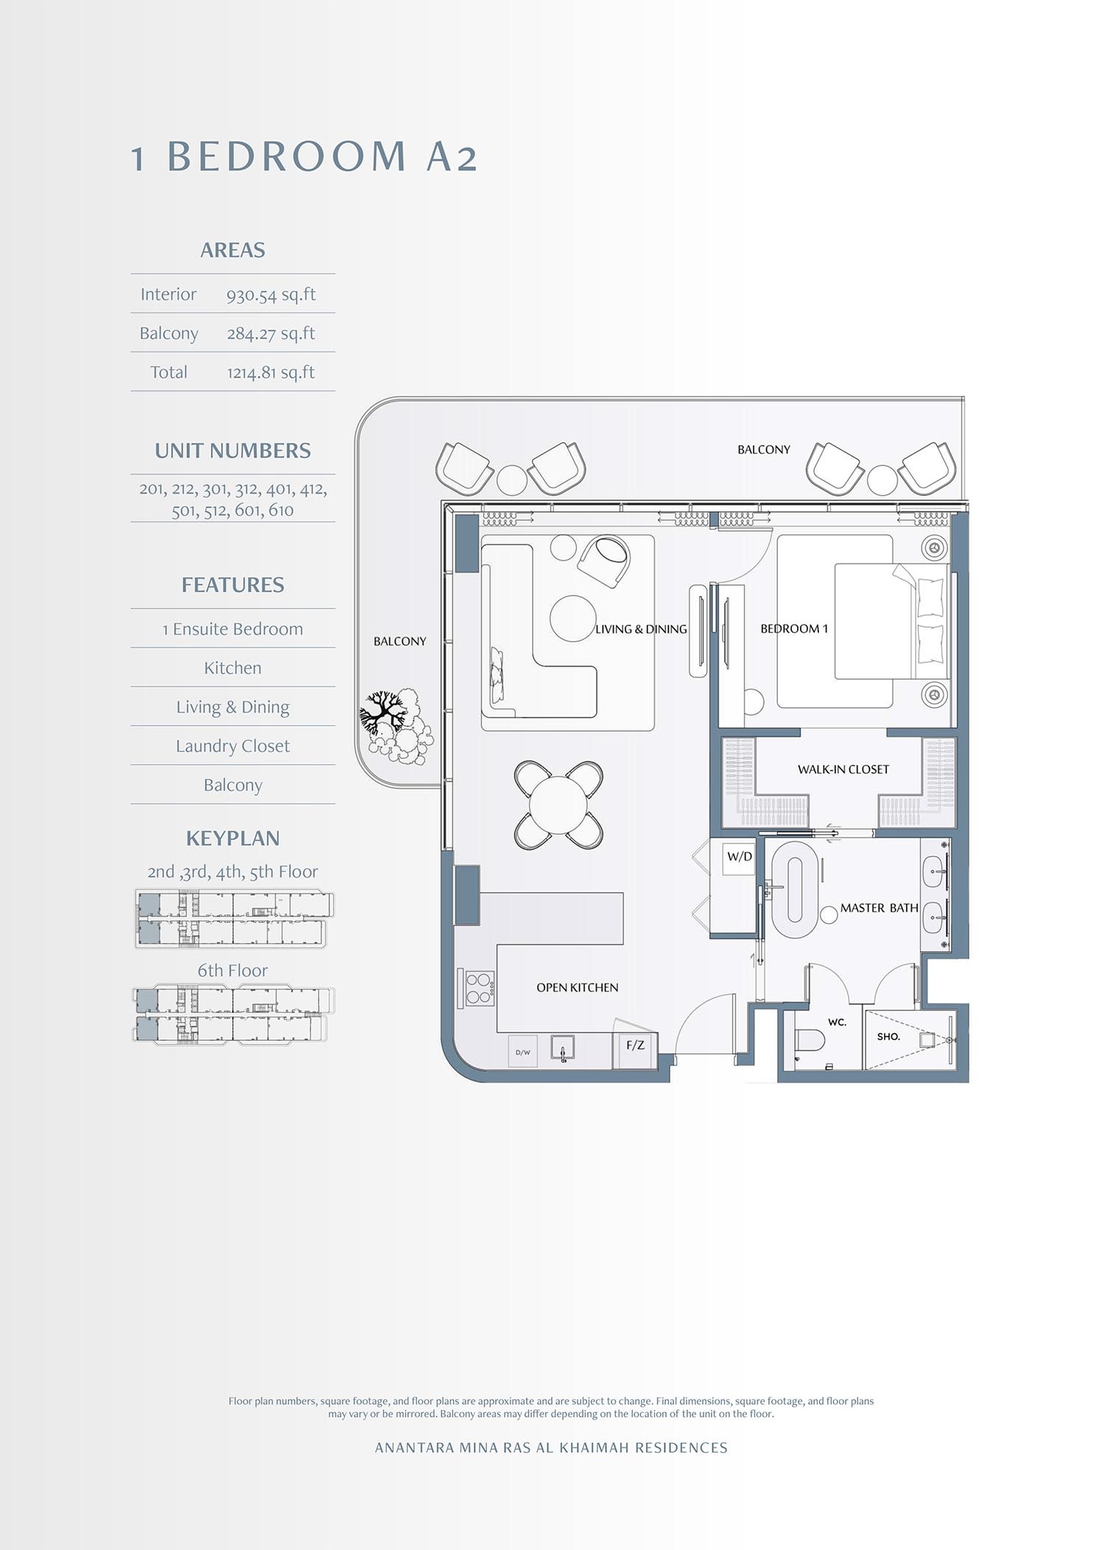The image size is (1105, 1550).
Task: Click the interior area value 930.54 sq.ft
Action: coord(270,295)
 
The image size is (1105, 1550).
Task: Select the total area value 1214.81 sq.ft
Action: coord(270,373)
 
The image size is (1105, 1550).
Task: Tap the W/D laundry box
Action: coord(739,858)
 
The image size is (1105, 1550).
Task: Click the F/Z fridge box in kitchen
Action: coord(635,1045)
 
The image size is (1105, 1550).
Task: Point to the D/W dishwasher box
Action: coord(523,1052)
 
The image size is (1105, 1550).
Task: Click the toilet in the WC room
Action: coord(810,1041)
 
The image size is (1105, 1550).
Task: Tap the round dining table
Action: coord(558,804)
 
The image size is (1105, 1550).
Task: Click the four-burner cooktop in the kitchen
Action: coord(478,989)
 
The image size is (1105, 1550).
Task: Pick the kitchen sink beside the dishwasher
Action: coord(563,1049)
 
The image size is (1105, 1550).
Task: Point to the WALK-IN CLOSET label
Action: coord(843,770)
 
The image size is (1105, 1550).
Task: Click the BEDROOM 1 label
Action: coord(793,629)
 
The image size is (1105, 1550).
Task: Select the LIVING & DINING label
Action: coord(641,630)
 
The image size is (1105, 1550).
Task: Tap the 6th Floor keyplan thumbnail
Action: coord(233,1014)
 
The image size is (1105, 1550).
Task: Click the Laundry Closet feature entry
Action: coord(233,746)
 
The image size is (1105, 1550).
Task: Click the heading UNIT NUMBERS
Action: coord(233,451)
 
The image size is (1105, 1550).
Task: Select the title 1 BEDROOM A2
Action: coord(304,157)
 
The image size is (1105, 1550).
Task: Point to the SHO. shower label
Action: coord(888,1037)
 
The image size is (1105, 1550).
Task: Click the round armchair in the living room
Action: coord(606,560)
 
